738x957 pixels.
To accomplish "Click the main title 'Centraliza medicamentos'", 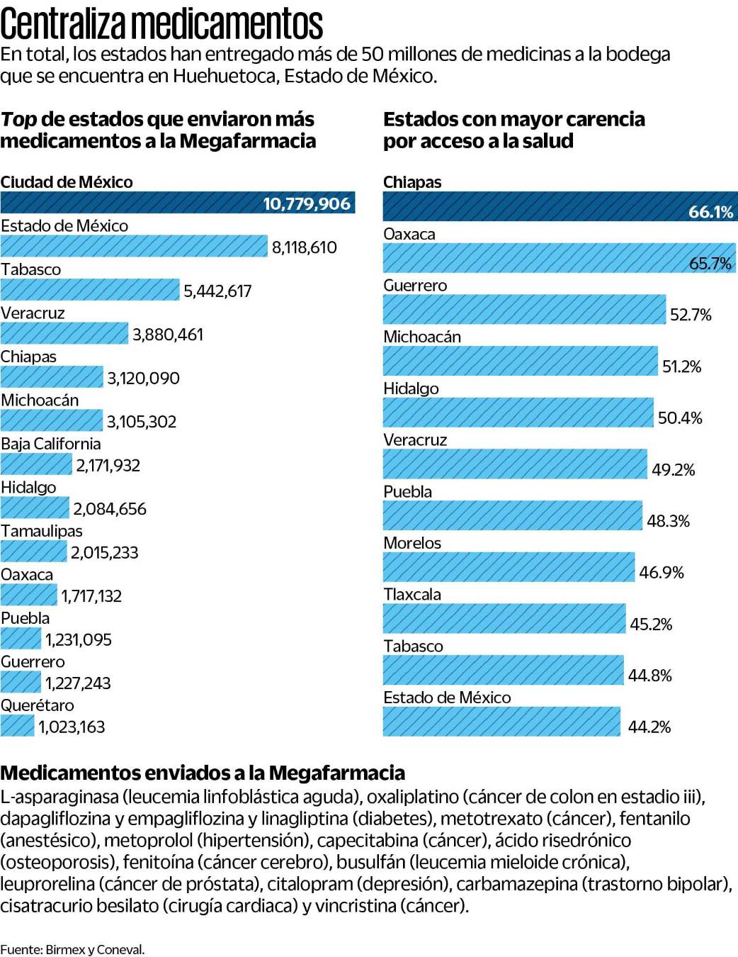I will (161, 23).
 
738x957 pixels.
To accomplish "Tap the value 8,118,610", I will (304, 247).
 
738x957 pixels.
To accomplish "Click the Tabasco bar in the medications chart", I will (90, 290).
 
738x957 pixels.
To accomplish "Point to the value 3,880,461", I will (168, 335).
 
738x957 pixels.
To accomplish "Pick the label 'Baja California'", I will (51, 444).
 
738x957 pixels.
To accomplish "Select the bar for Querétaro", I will (17, 726).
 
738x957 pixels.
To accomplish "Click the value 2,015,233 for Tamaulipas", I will (104, 553).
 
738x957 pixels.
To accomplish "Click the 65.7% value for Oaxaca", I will (710, 264).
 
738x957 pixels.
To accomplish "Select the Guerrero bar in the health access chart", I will (524, 310).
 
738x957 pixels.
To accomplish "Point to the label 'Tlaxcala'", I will (412, 595).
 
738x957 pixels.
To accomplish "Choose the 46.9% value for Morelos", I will (662, 573).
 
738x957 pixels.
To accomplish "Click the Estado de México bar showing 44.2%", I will (501, 722).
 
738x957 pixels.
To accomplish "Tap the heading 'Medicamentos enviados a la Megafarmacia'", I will (203, 773).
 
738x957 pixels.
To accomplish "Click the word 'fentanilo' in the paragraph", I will (654, 819).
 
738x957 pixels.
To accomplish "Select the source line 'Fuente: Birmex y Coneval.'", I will (72, 949).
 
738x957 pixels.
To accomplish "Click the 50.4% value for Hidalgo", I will (680, 418).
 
